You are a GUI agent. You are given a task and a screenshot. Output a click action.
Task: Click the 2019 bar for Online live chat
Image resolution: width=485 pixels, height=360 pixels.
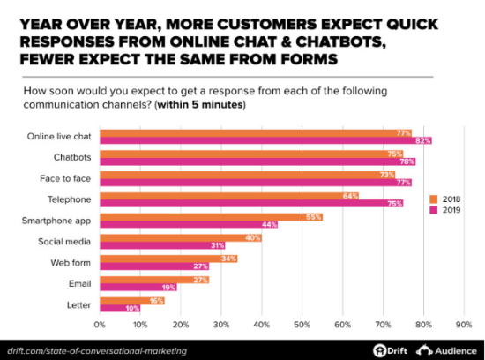(x=265, y=140)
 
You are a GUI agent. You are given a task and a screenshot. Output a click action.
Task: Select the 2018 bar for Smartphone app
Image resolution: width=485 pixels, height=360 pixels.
(x=212, y=216)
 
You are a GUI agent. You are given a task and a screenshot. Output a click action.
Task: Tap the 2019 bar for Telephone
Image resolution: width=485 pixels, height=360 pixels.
(x=251, y=203)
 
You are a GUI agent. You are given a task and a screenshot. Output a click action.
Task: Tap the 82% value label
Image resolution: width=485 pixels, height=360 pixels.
(x=424, y=140)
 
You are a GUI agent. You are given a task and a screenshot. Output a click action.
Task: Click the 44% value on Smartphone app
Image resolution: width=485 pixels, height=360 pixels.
(x=271, y=225)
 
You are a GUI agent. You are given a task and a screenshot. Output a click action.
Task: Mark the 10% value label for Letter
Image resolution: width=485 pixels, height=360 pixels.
(x=133, y=309)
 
